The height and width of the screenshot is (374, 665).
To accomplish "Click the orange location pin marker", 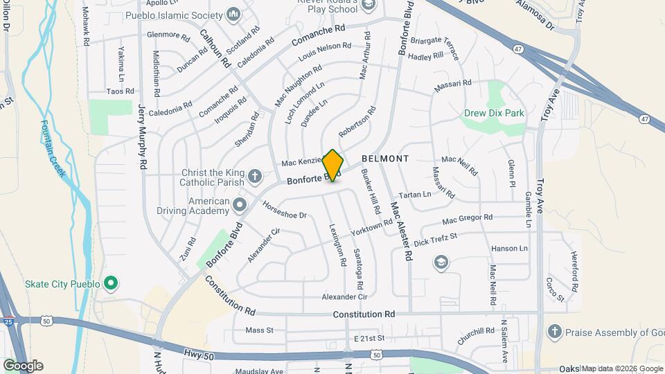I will click(x=333, y=165).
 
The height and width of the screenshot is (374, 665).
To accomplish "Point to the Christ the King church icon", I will click(x=254, y=175).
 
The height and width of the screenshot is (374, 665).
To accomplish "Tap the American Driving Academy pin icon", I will click(x=240, y=204).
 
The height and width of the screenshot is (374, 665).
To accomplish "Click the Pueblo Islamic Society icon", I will click(x=233, y=12).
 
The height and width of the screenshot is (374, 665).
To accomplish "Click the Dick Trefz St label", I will click(x=436, y=240).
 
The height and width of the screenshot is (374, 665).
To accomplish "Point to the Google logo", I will click(x=23, y=366).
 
